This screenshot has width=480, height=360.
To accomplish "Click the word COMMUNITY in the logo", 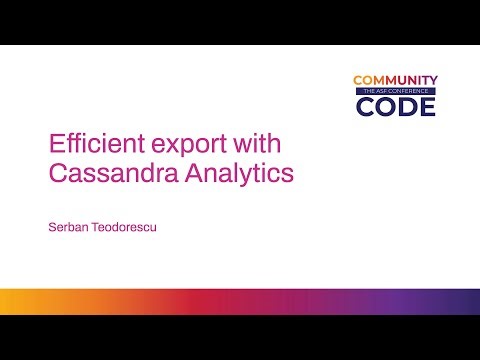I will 394,80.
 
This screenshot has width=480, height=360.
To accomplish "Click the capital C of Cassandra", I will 59,173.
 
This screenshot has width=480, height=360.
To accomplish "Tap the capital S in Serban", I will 52,227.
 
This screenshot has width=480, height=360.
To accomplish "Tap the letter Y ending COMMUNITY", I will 431,80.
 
